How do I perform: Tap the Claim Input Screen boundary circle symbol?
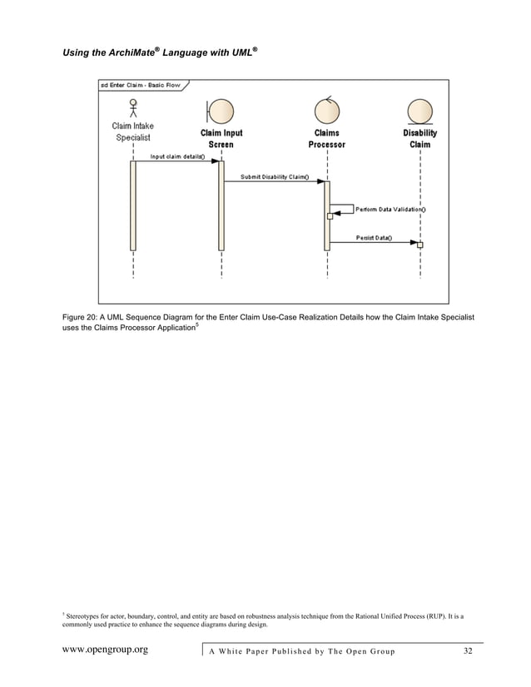[x=221, y=111]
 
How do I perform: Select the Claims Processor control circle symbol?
[x=327, y=111]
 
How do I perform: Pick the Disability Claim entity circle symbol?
[x=420, y=111]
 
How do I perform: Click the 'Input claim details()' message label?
[x=178, y=156]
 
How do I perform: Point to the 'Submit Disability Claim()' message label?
[x=275, y=176]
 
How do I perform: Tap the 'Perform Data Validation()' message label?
[x=391, y=210]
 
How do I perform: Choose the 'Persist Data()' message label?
[x=375, y=237]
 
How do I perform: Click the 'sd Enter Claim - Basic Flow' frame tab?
[x=141, y=85]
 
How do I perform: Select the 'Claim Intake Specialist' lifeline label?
[x=132, y=132]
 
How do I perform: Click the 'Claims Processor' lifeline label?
[x=327, y=138]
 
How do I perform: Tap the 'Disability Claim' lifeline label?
[x=420, y=138]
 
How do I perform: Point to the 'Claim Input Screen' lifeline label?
[x=221, y=138]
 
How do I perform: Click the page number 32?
[x=468, y=650]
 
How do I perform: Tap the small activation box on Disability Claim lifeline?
[x=420, y=245]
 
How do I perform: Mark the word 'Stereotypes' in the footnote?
[x=86, y=616]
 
